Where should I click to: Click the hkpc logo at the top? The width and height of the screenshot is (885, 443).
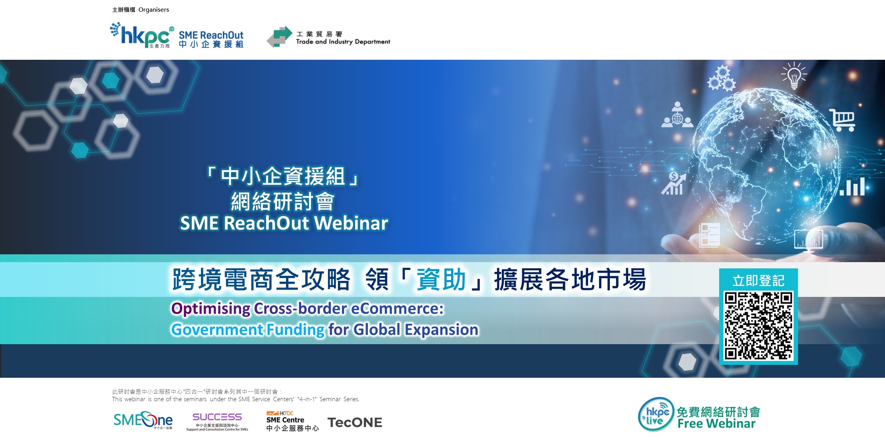142,35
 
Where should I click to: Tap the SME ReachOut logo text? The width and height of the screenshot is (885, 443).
211,39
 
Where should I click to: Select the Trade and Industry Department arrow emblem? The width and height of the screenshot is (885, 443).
279,37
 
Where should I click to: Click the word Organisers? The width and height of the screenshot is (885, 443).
154,10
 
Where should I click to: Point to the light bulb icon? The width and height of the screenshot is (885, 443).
794,75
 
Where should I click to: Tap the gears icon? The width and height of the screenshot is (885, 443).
722,79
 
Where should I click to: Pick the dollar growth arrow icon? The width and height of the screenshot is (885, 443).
674,183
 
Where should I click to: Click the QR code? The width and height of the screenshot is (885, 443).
759,326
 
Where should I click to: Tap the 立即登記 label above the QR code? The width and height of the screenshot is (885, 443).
759,280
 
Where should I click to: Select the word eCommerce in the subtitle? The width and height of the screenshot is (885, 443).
397,309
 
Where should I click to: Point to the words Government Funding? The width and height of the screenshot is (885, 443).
248,330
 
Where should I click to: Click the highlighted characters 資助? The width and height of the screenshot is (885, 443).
441,280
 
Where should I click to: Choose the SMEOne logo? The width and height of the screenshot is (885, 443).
143,420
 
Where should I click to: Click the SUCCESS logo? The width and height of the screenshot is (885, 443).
217,422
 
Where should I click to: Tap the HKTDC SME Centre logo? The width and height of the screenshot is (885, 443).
292,421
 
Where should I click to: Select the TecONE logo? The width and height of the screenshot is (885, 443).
355,422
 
